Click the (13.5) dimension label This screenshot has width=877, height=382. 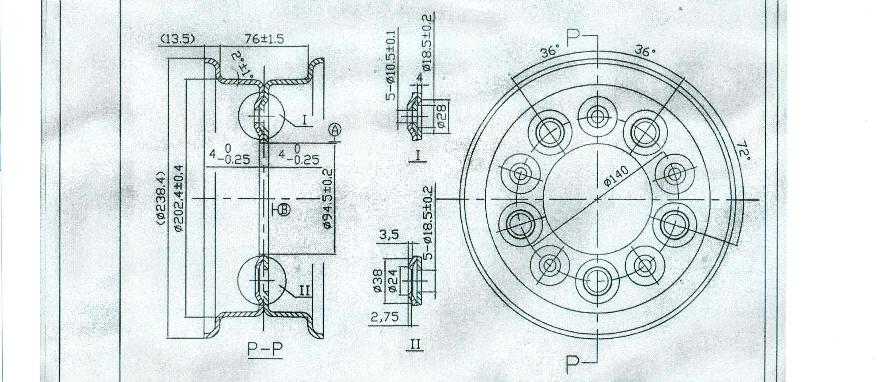pos(177,39)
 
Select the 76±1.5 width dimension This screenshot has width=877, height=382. pos(264,39)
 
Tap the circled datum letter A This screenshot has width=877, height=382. pos(335,129)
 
